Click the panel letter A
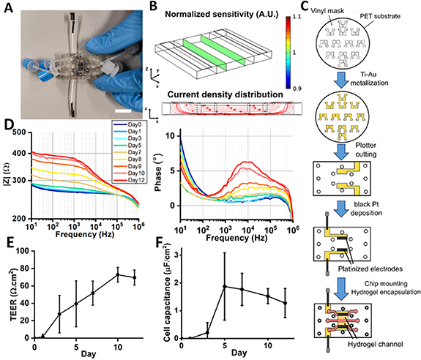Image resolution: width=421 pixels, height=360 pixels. [7, 7]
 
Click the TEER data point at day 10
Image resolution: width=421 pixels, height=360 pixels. [117, 275]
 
